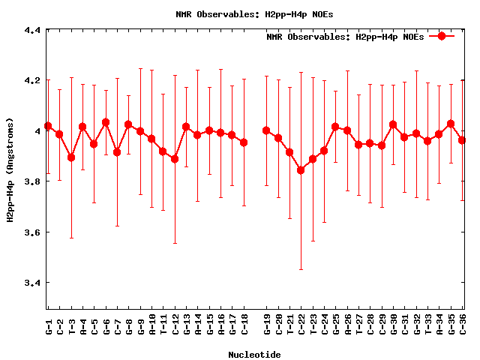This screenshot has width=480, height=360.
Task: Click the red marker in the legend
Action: [x=442, y=36]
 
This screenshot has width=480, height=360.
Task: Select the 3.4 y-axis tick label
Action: [x=31, y=283]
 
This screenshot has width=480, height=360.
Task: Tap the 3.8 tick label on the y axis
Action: [x=31, y=181]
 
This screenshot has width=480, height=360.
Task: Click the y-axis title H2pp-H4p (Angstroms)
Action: [x=10, y=169]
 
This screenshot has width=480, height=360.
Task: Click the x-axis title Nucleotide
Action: [x=254, y=354]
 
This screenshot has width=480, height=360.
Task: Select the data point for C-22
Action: [x=301, y=170]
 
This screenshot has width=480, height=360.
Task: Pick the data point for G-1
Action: [x=48, y=126]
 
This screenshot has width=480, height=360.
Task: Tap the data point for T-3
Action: [x=71, y=157]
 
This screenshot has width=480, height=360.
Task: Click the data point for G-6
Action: [x=106, y=122]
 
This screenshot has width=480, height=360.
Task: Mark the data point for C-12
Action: [x=175, y=159]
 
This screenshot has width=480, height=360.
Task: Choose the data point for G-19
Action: [x=266, y=130]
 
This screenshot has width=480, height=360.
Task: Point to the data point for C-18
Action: [x=244, y=142]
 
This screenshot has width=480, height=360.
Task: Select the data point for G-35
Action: [x=451, y=124]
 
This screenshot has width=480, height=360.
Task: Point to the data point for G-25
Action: [x=335, y=127]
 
